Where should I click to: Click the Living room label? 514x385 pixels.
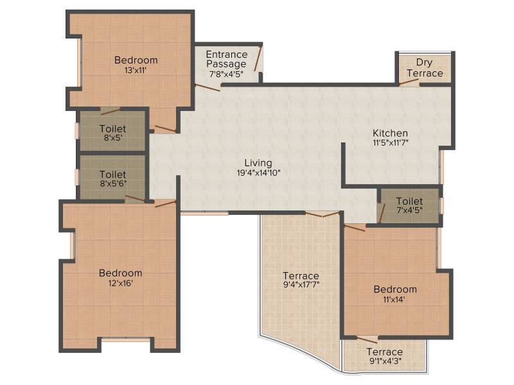[x=258, y=163]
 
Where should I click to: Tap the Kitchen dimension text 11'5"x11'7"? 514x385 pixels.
[x=391, y=142]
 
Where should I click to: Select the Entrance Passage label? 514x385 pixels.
[x=227, y=59]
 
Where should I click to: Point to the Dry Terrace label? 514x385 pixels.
[x=425, y=67]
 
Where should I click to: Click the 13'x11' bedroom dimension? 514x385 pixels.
[x=136, y=70]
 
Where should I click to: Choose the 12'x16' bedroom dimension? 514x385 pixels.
[x=121, y=283]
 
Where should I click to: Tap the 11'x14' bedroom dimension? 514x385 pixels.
[x=394, y=299]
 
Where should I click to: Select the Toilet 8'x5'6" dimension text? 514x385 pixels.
[x=114, y=184]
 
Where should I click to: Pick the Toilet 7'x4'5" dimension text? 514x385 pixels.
[x=409, y=210]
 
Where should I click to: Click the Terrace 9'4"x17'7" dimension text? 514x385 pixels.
[x=301, y=284]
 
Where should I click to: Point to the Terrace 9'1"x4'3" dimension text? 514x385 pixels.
[x=385, y=361]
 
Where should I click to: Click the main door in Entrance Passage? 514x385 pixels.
[x=258, y=58]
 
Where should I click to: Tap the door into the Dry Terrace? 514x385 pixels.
[x=409, y=82]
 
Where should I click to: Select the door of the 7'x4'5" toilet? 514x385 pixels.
[x=381, y=213]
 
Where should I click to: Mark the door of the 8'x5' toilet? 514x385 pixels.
[x=111, y=111]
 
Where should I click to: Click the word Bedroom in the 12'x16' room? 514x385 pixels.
[x=121, y=273]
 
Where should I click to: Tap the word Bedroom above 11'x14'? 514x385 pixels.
[x=395, y=289]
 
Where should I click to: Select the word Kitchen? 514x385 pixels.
[x=391, y=133]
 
